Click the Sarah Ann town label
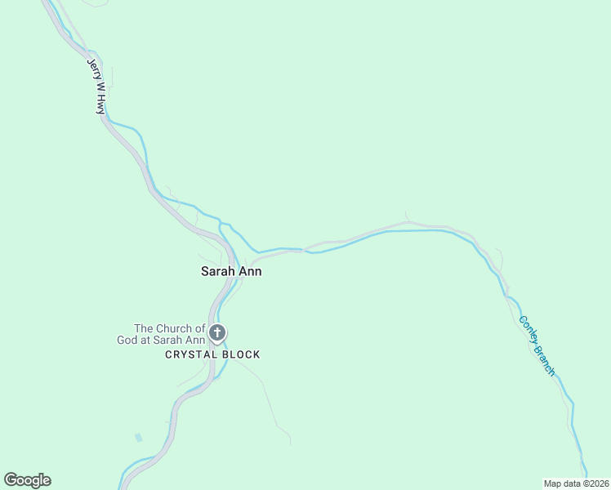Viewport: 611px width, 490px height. click(x=231, y=271)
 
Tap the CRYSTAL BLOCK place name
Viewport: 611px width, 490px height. click(x=212, y=354)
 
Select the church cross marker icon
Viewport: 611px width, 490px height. click(x=217, y=332)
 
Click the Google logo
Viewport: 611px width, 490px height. click(x=27, y=480)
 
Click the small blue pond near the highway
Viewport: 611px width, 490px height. click(x=138, y=438)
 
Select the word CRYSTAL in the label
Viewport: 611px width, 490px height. click(x=190, y=354)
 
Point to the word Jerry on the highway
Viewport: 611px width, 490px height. click(x=92, y=68)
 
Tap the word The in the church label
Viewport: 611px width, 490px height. click(x=145, y=328)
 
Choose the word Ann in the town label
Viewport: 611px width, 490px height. click(x=251, y=271)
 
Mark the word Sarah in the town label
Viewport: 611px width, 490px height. click(x=218, y=271)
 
